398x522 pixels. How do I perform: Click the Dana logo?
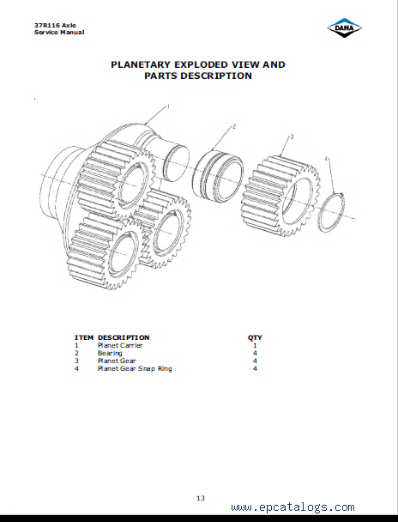tap(345, 27)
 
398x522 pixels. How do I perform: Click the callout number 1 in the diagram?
tap(168, 106)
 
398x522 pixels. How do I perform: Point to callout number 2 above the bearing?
tap(234, 126)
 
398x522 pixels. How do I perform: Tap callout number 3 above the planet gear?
tap(292, 137)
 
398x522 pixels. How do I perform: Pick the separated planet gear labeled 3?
tap(280, 196)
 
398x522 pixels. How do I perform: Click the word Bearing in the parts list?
tap(110, 353)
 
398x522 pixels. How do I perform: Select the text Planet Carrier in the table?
tap(120, 345)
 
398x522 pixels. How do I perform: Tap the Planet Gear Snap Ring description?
tap(135, 368)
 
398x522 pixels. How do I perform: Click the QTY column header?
tap(255, 337)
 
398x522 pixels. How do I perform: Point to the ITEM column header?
tap(84, 337)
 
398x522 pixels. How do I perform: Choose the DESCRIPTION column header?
tap(124, 337)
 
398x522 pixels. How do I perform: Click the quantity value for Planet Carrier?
tap(255, 345)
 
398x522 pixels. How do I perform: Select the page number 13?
tap(201, 498)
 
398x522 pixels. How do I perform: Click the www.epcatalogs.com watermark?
tap(292, 507)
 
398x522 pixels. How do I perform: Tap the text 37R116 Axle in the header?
tap(55, 25)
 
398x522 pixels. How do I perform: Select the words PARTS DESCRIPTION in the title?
tap(198, 76)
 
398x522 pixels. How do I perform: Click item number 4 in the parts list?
tap(76, 368)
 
